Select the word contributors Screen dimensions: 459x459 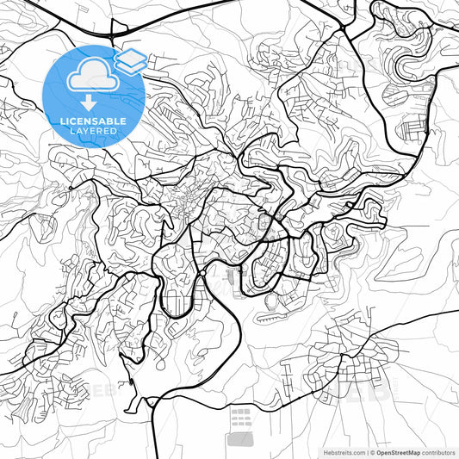click(435, 451)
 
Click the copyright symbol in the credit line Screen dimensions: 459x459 click(371, 451)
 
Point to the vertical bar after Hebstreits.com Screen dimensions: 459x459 click(365, 451)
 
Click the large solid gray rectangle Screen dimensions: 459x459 click(240, 439)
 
